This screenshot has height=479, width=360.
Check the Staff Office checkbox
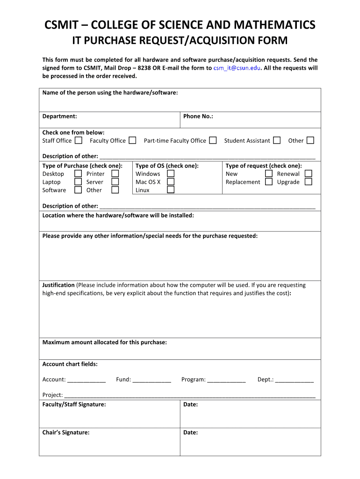coord(79,140)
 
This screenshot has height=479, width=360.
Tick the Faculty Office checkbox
coord(133,140)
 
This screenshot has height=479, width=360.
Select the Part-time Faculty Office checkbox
coord(213,140)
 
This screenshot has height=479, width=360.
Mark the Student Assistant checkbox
coord(277,140)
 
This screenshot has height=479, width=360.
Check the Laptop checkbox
coord(78,182)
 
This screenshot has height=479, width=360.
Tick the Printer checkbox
coord(115,174)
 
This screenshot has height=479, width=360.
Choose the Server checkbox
coord(115,182)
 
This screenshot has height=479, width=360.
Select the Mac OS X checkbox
coord(171,182)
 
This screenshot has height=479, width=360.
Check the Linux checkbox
coord(171,190)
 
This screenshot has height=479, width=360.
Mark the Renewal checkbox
coord(308,174)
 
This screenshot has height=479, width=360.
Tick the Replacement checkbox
coord(268,182)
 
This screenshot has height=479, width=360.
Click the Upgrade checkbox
coord(308,182)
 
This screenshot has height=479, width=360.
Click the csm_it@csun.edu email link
coord(237,68)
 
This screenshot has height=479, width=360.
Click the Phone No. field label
coord(198,116)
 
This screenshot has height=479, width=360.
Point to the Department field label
coord(60,116)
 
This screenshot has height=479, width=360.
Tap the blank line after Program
coord(226,380)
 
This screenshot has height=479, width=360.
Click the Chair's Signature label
coord(66,433)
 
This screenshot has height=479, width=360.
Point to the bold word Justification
coord(58,285)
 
